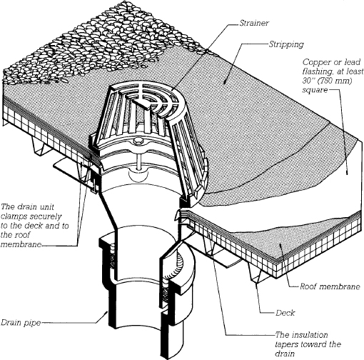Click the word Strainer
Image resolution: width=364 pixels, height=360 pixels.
(254, 23)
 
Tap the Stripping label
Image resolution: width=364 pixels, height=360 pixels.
(286, 44)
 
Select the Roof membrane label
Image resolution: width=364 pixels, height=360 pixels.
(330, 286)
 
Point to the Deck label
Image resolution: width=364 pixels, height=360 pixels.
(285, 313)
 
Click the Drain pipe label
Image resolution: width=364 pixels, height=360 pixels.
(21, 323)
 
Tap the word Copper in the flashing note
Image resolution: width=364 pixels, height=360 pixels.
(315, 63)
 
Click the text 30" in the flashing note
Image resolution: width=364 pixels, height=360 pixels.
(308, 81)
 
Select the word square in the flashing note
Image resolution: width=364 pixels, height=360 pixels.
(315, 90)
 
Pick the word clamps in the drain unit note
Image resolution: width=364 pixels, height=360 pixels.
(14, 216)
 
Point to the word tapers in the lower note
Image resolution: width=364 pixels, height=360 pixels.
(286, 344)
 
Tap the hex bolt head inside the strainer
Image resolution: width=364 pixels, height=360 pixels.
(138, 142)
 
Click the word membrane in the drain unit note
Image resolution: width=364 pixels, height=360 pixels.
(21, 244)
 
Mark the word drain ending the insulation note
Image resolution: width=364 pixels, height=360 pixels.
(285, 354)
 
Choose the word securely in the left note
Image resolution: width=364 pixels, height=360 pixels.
(46, 216)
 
